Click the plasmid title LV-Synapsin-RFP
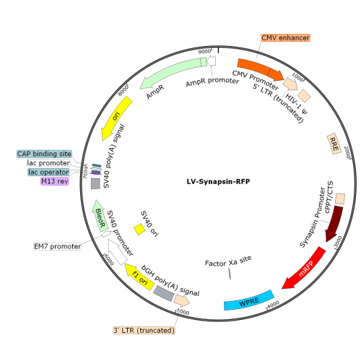218,181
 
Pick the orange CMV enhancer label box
286,38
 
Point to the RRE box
334,144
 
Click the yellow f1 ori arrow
140,277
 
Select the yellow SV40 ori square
139,230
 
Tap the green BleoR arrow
100,216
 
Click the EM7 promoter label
58,246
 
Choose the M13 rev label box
55,181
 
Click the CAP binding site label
44,154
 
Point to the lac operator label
48,172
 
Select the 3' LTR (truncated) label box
144,330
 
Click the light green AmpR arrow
173,71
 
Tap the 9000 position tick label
204,51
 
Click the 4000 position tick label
273,304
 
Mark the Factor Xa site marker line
230,274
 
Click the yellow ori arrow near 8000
116,118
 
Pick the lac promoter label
48,163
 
